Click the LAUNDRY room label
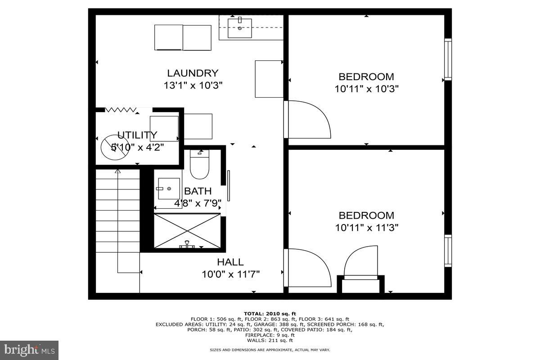point(193,73)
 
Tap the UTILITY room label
point(137,135)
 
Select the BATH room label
point(198,192)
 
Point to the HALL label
point(230,262)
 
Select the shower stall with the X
point(187,231)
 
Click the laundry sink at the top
point(240,28)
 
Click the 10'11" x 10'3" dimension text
point(367,89)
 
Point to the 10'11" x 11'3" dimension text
point(367,228)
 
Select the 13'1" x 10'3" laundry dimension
point(193,85)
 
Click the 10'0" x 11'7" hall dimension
point(230,274)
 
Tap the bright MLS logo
point(29,350)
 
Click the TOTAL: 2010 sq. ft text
point(270,314)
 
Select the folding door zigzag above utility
point(121,109)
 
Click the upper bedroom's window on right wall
point(448,59)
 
